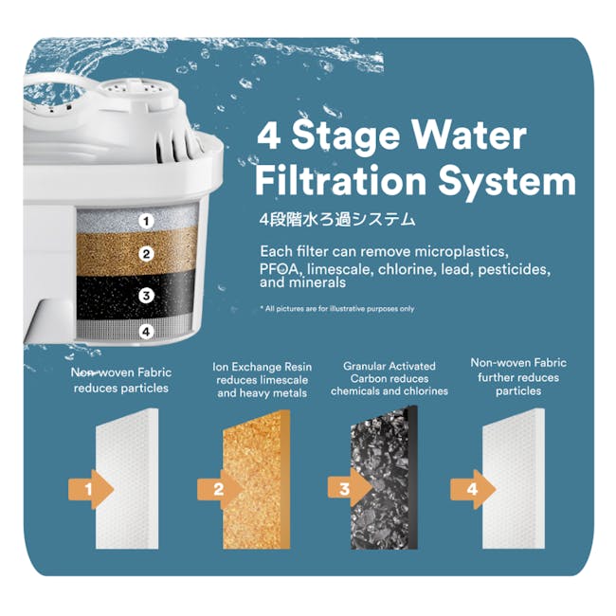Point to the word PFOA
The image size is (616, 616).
(x=280, y=270)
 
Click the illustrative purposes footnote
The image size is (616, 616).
(x=336, y=308)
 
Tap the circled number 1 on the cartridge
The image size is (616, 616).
(x=146, y=221)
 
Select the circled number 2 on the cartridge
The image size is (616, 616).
(x=146, y=254)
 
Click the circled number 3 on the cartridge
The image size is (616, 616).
(x=146, y=296)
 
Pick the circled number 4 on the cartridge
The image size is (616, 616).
(x=146, y=332)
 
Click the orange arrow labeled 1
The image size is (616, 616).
(x=92, y=489)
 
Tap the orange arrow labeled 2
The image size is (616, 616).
(x=220, y=489)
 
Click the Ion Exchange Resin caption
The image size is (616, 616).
(x=262, y=379)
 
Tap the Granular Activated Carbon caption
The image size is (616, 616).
(x=389, y=378)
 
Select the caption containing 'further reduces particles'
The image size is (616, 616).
(x=517, y=376)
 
